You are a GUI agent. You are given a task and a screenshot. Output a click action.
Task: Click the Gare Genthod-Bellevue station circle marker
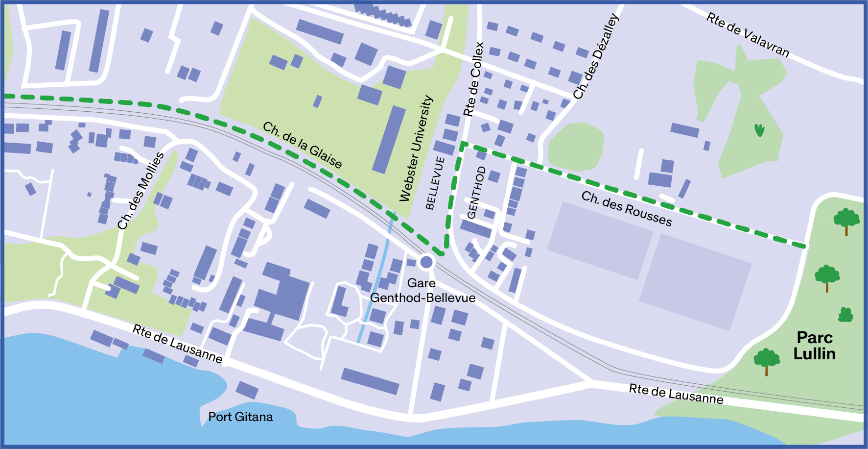[426, 262]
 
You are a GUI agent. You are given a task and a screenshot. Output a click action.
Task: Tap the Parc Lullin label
[814, 346]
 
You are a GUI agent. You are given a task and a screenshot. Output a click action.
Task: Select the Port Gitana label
[240, 417]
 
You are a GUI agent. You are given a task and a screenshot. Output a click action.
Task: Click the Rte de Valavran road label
[748, 35]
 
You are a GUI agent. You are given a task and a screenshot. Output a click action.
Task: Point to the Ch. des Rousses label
[627, 209]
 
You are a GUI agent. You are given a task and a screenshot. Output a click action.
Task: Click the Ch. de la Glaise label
[303, 145]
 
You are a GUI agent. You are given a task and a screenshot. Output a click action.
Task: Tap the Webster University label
[416, 148]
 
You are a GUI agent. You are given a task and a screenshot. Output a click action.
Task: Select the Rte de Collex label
[473, 79]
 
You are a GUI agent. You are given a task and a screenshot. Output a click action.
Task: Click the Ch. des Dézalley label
[596, 56]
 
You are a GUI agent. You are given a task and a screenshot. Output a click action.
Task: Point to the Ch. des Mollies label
[141, 191]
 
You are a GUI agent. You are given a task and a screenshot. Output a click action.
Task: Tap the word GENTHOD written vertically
[476, 192]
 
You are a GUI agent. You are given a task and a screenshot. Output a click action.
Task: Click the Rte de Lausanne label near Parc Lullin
[676, 394]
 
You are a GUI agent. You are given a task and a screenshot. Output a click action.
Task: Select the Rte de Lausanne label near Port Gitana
[177, 344]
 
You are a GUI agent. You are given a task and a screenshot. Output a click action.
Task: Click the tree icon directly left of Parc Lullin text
[767, 361]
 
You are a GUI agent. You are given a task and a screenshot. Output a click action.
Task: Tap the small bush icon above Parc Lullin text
[845, 315]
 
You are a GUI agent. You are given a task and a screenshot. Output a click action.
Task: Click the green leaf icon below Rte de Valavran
[759, 130]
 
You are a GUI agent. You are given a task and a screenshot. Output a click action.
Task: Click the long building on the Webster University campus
[389, 140]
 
